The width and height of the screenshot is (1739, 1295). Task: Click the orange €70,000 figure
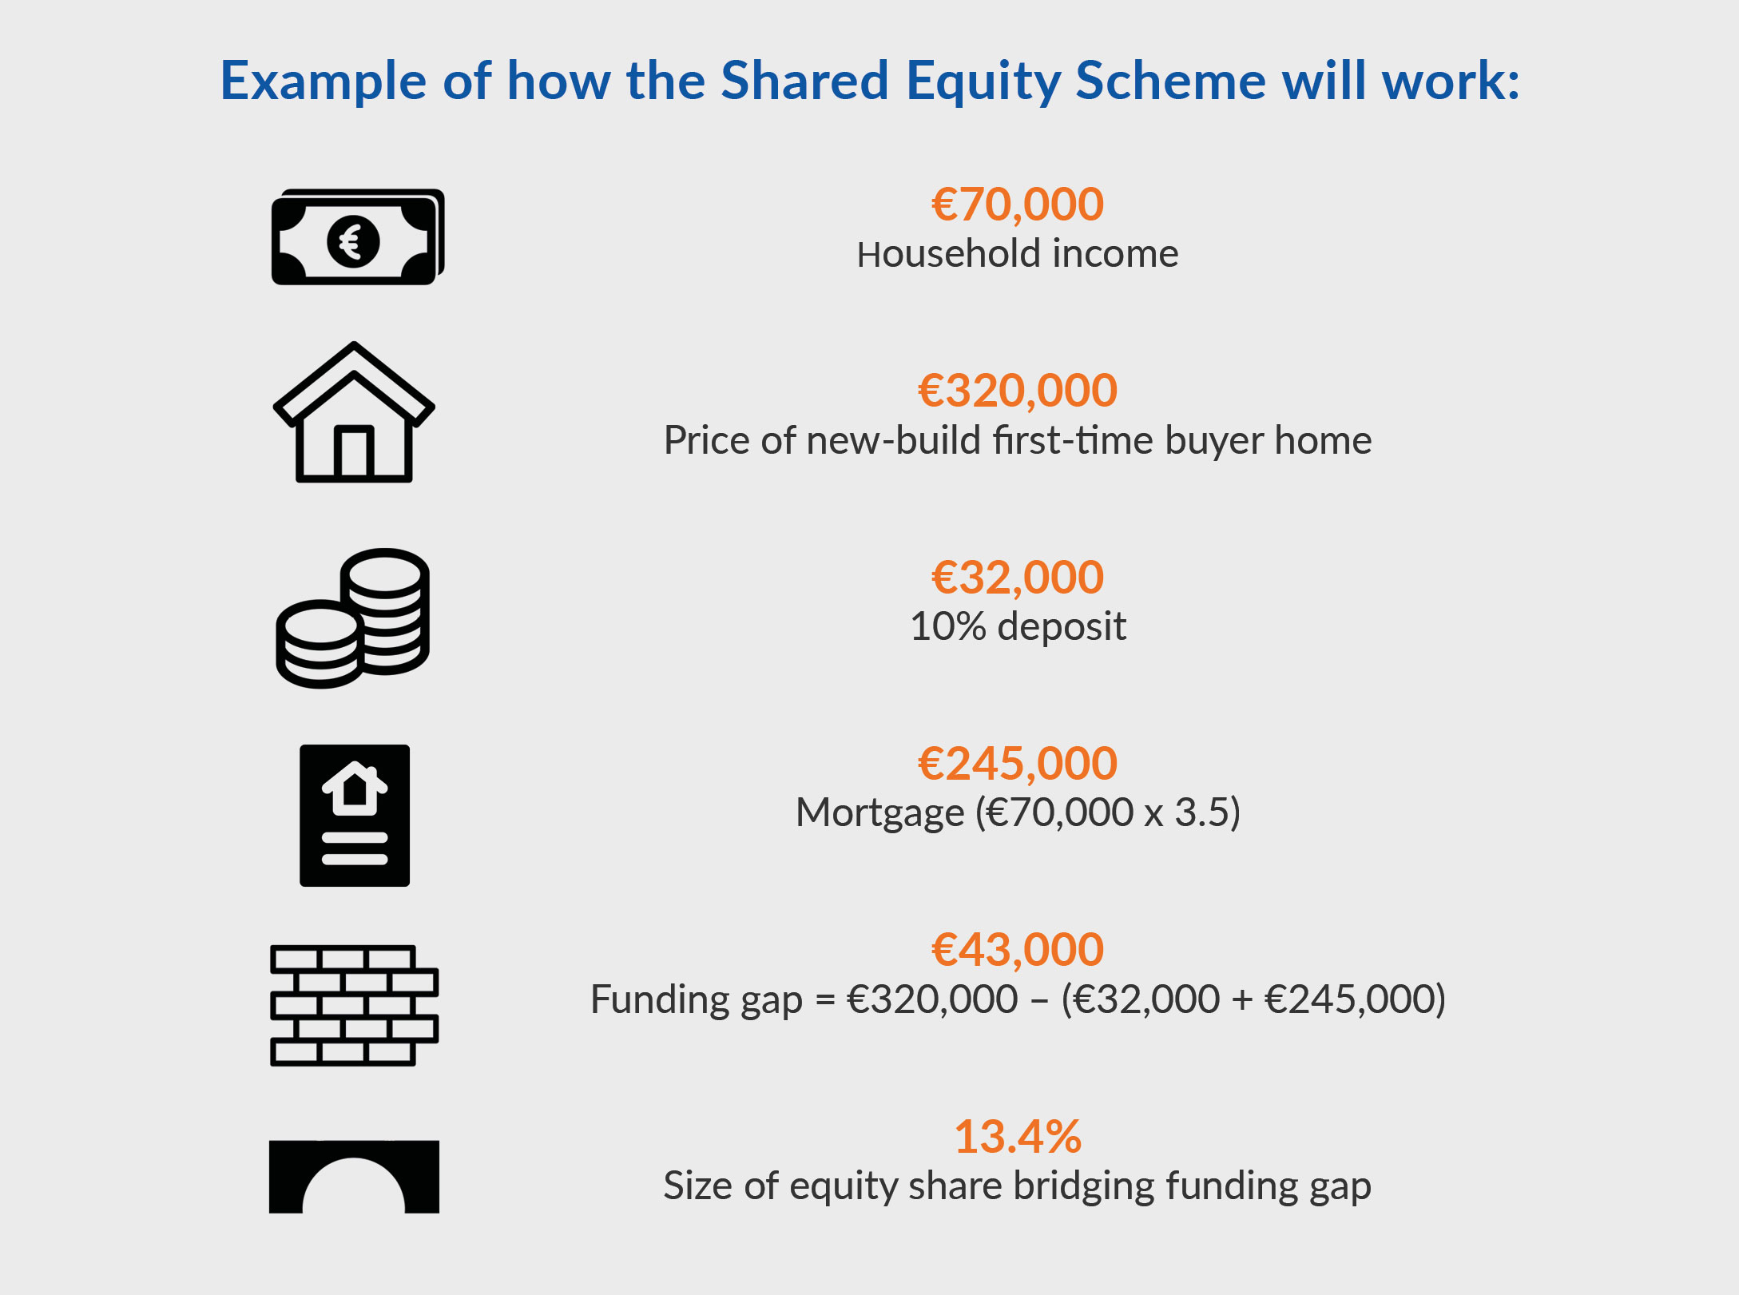1018,205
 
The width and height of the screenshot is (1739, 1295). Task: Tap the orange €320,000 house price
1018,391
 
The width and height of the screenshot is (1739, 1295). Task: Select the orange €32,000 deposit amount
1018,577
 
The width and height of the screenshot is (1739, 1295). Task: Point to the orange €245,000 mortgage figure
1018,763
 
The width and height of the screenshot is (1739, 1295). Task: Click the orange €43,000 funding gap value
1018,949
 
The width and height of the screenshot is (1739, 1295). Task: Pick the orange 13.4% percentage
1018,1136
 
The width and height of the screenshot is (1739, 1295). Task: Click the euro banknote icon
358,236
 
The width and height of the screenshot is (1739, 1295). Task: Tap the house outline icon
354,412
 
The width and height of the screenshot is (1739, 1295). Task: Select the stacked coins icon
353,618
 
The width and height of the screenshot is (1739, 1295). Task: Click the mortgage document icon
355,816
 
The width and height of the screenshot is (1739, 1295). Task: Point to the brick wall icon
355,1006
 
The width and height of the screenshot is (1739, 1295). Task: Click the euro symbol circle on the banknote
353,241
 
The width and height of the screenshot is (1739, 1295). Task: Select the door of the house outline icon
354,452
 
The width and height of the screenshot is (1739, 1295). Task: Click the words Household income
1018,254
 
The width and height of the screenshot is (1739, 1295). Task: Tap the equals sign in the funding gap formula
824,999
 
